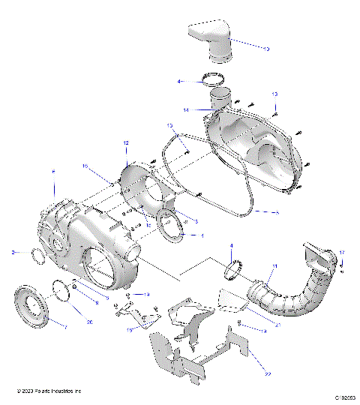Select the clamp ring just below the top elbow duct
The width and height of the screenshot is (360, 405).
pos(213,79)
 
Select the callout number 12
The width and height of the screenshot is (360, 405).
pos(126,142)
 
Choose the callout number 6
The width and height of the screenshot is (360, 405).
pos(52,172)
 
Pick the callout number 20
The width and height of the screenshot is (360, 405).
pos(89,322)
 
